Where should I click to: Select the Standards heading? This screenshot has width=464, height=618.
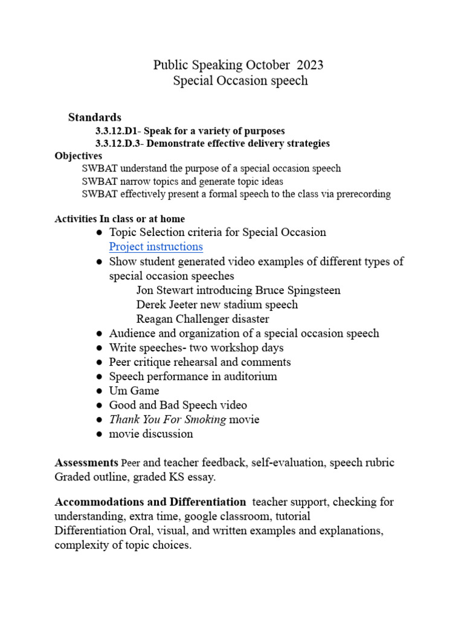pos(95,117)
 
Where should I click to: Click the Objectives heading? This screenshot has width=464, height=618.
pos(79,156)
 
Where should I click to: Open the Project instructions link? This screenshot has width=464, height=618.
pos(156,247)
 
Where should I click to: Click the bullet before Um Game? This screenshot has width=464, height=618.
pos(98,391)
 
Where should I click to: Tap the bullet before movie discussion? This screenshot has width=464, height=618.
pos(98,435)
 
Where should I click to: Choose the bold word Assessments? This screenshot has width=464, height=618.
pos(86,463)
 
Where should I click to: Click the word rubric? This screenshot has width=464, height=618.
pos(378,463)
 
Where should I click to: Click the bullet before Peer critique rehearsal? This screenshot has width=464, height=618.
pos(98,362)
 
